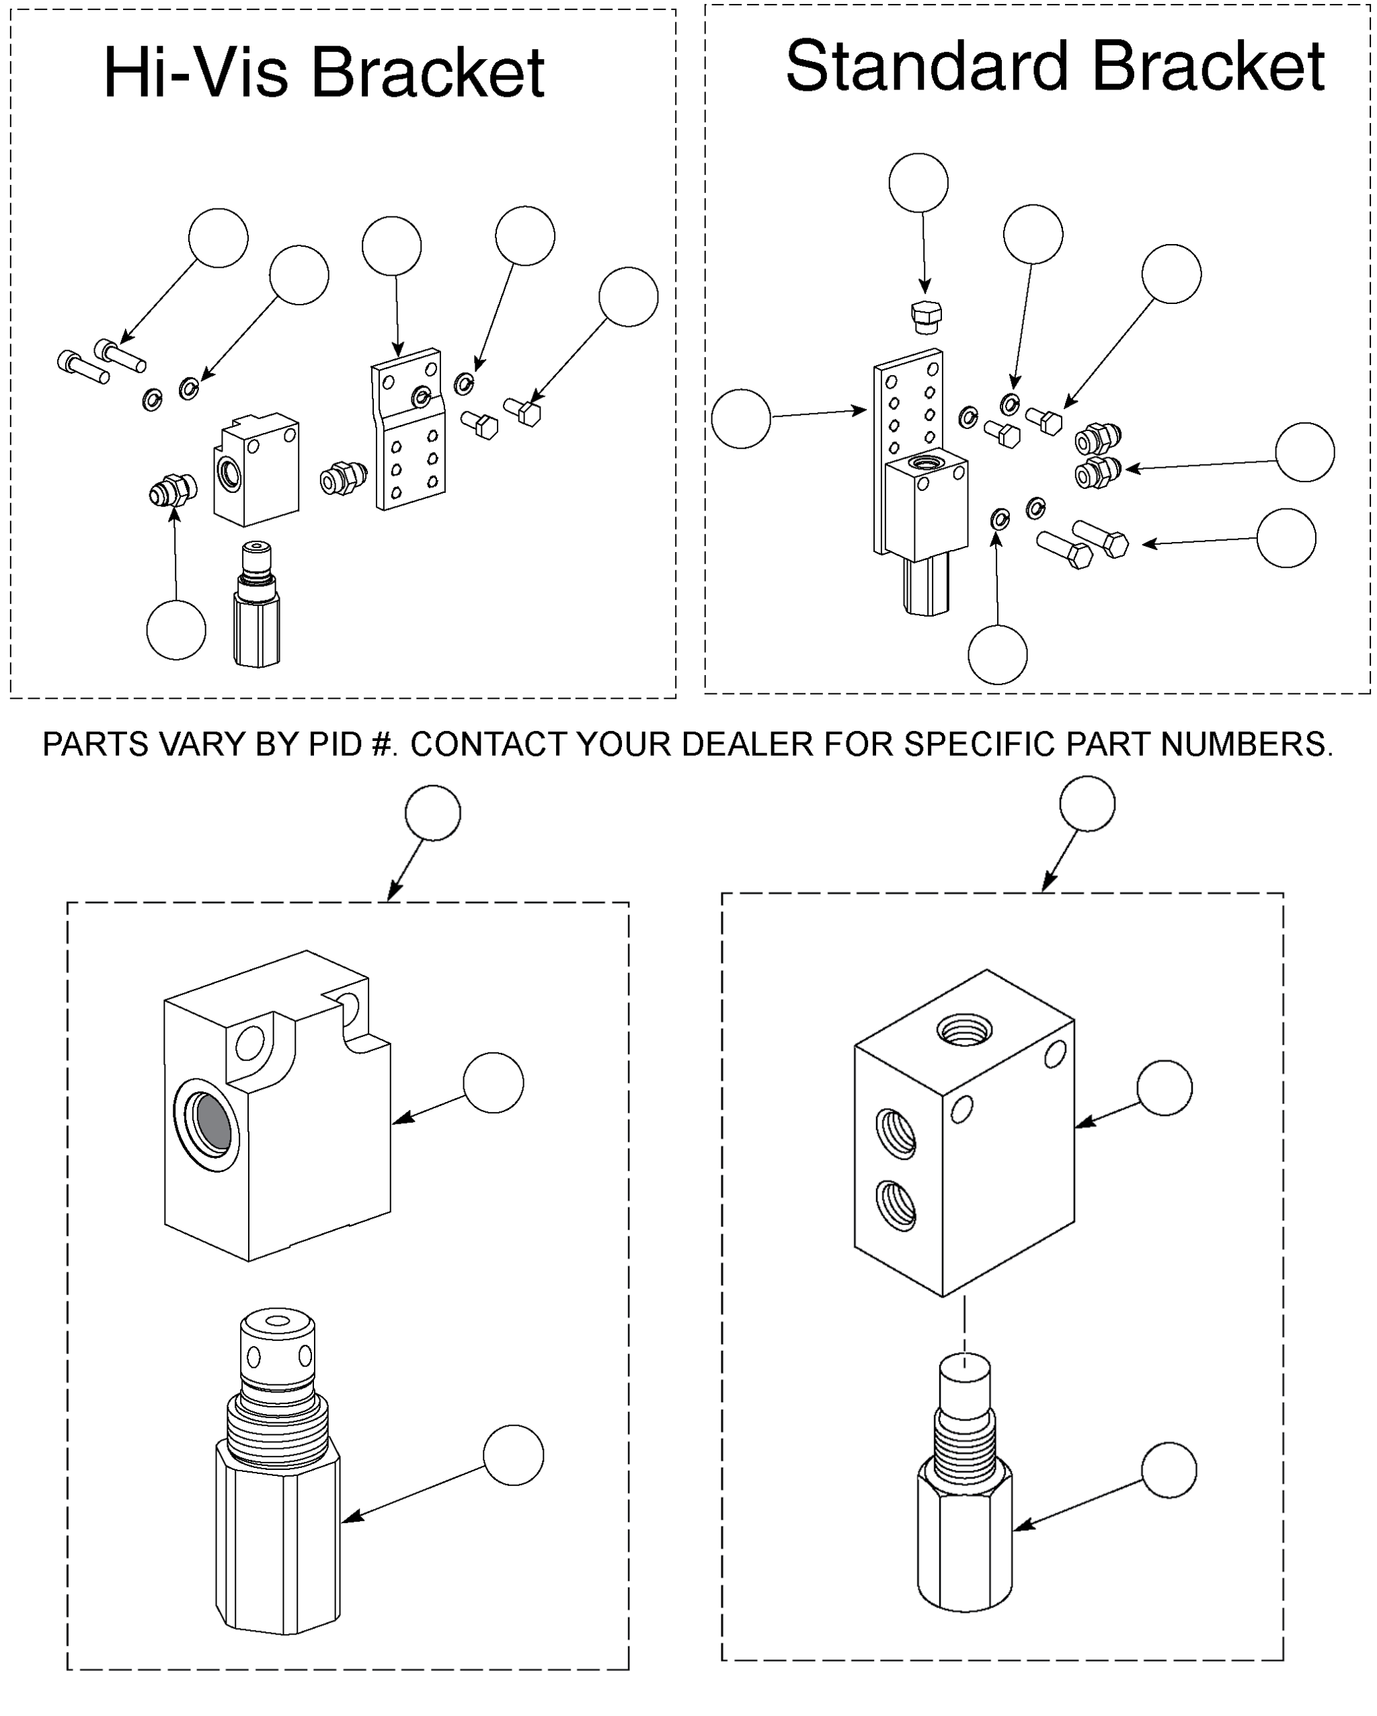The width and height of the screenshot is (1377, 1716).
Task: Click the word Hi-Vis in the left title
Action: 196,73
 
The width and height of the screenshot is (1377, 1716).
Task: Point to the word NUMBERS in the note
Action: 1246,744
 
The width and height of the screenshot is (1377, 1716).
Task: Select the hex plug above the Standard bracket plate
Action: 925,317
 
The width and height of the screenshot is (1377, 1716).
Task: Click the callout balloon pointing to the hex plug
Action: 918,182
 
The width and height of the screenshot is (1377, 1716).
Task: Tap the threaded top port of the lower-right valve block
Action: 965,1031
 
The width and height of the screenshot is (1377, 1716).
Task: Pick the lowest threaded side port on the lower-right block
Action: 896,1205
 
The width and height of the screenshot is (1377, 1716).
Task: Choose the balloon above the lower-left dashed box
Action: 433,813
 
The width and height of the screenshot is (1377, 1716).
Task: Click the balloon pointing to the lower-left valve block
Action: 494,1083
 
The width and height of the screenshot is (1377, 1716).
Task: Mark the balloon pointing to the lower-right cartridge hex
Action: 1169,1470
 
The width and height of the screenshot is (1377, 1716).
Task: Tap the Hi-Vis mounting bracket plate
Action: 408,429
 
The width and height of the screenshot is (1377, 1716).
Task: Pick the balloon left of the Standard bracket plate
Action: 741,419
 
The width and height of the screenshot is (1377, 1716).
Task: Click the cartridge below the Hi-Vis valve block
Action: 256,604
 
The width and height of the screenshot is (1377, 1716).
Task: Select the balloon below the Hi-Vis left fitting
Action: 176,629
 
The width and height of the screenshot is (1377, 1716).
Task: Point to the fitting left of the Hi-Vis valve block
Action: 173,490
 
